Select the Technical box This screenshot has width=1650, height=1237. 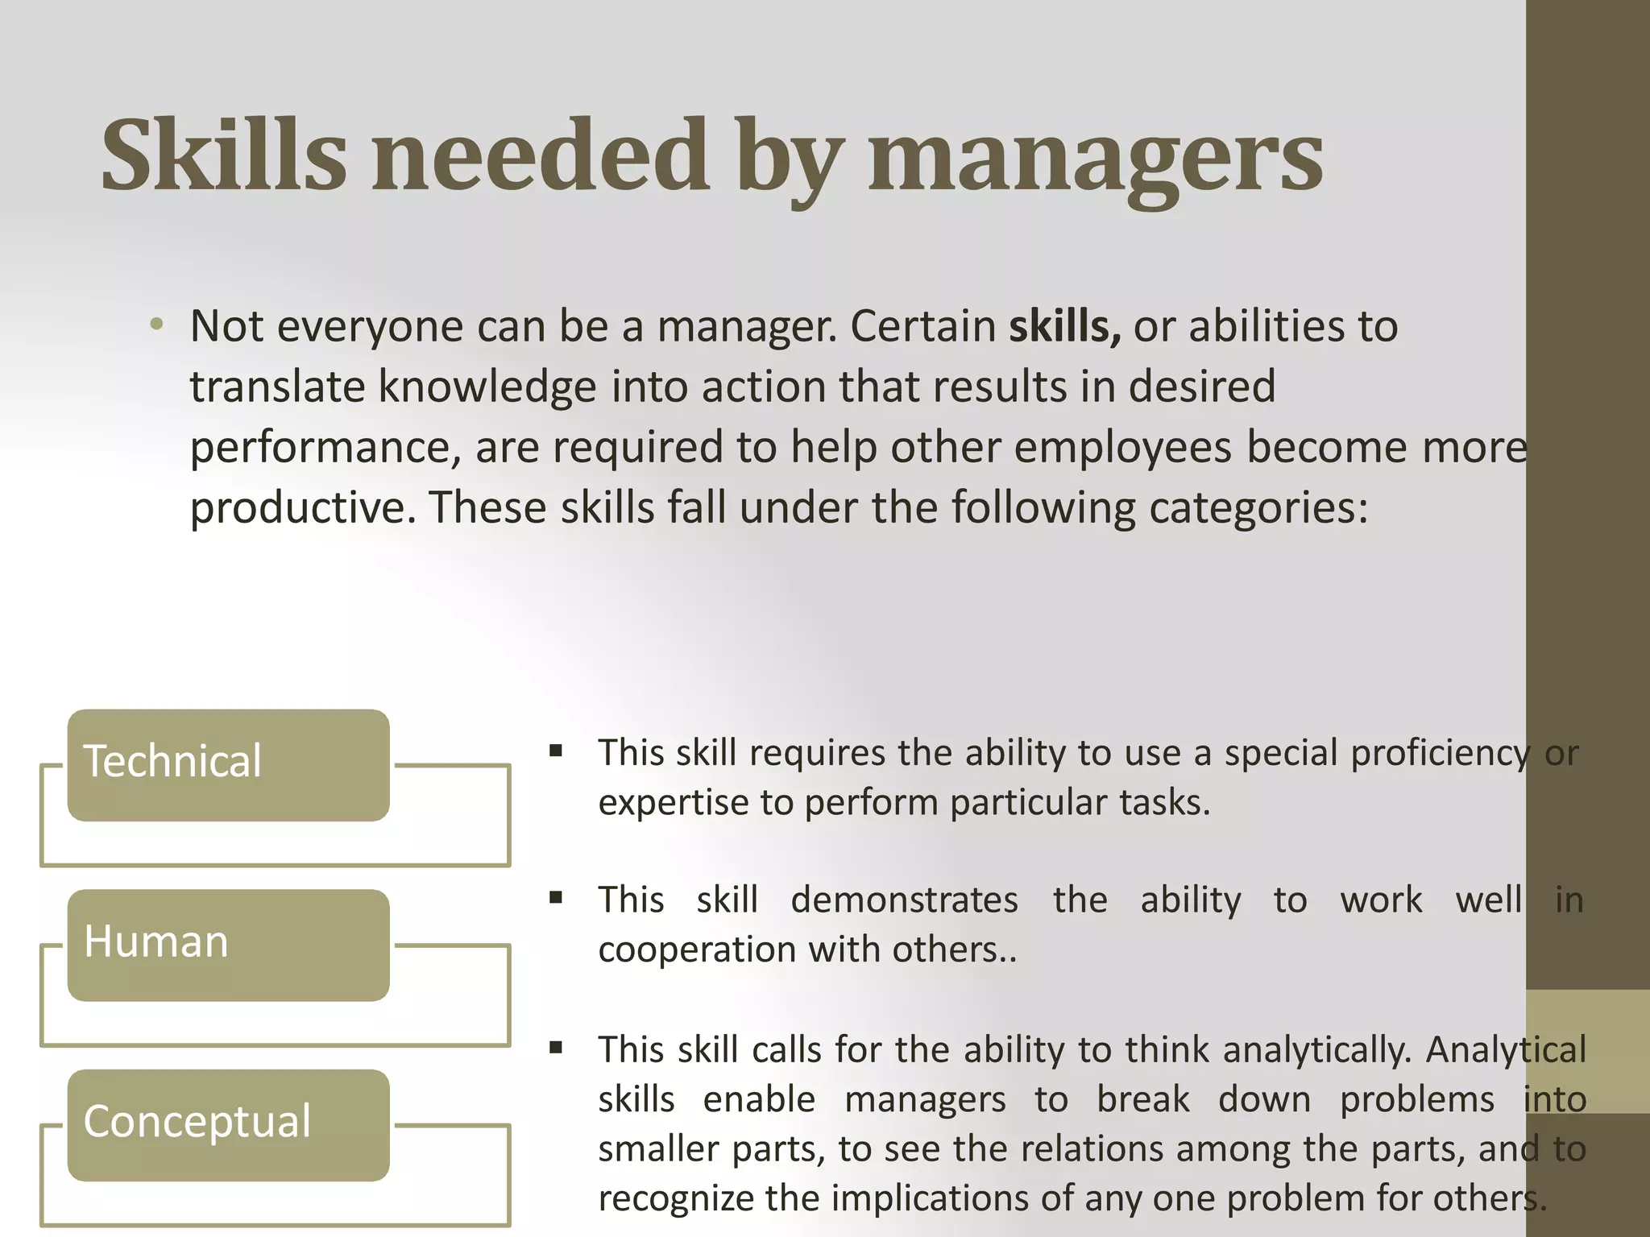pyautogui.click(x=228, y=764)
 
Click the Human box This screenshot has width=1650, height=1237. pyautogui.click(x=228, y=944)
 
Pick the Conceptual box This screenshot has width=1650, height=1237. pyautogui.click(x=228, y=1124)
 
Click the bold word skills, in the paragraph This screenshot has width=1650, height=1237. pyautogui.click(x=1064, y=326)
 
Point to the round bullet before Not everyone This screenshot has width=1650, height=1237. pyautogui.click(x=156, y=325)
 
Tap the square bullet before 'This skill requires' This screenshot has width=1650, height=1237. pyautogui.click(x=556, y=751)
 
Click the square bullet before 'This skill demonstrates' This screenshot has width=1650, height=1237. pyautogui.click(x=556, y=897)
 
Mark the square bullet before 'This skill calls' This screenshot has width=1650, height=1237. pyautogui.click(x=556, y=1048)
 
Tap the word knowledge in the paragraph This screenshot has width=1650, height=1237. pyautogui.click(x=487, y=387)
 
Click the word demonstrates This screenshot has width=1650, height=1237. pyautogui.click(x=904, y=900)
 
